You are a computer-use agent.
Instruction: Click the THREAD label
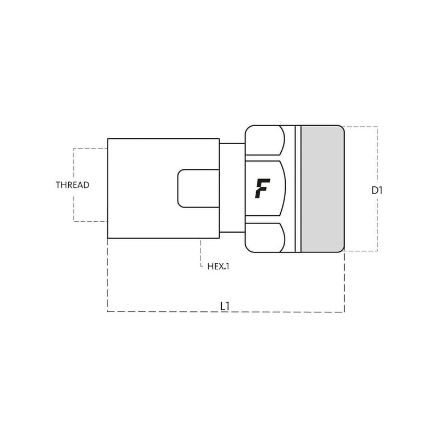(73, 185)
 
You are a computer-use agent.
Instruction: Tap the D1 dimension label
(377, 191)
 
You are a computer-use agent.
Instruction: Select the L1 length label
(225, 306)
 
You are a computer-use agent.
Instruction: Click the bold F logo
(262, 188)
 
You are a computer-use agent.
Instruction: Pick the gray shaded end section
(322, 188)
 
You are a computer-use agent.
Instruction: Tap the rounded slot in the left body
(198, 188)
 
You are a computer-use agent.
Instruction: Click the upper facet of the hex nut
(265, 140)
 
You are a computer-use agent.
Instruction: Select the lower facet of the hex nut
(265, 237)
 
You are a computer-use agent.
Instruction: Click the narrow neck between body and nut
(232, 188)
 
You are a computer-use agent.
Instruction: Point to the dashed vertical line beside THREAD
(74, 164)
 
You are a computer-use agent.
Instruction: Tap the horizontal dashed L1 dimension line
(164, 311)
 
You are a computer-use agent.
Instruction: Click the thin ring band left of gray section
(298, 188)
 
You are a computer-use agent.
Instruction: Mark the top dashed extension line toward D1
(361, 127)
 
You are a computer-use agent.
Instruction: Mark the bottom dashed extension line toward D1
(361, 251)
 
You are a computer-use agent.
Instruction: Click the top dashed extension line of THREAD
(90, 148)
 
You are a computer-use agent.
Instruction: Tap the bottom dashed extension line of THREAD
(90, 221)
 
